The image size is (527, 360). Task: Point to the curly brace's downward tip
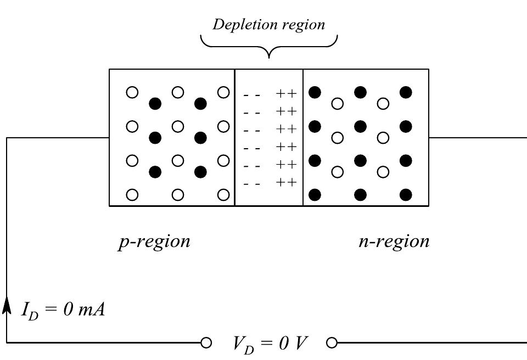(269, 58)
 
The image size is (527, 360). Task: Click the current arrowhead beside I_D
(7, 305)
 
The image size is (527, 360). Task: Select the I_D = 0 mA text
(63, 310)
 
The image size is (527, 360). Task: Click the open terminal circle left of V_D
(206, 343)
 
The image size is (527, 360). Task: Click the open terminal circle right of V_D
(332, 343)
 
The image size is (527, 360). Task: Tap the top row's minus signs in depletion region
(252, 95)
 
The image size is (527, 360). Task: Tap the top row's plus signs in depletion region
(287, 93)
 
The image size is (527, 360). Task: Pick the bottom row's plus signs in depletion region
(287, 182)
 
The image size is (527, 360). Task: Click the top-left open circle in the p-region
(132, 92)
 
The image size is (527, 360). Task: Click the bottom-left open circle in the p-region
(132, 195)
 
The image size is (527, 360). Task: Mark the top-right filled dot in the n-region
(406, 92)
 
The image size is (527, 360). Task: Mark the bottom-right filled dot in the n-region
(406, 195)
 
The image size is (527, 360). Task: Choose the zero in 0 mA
(68, 310)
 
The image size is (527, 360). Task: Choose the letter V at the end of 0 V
(301, 343)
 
